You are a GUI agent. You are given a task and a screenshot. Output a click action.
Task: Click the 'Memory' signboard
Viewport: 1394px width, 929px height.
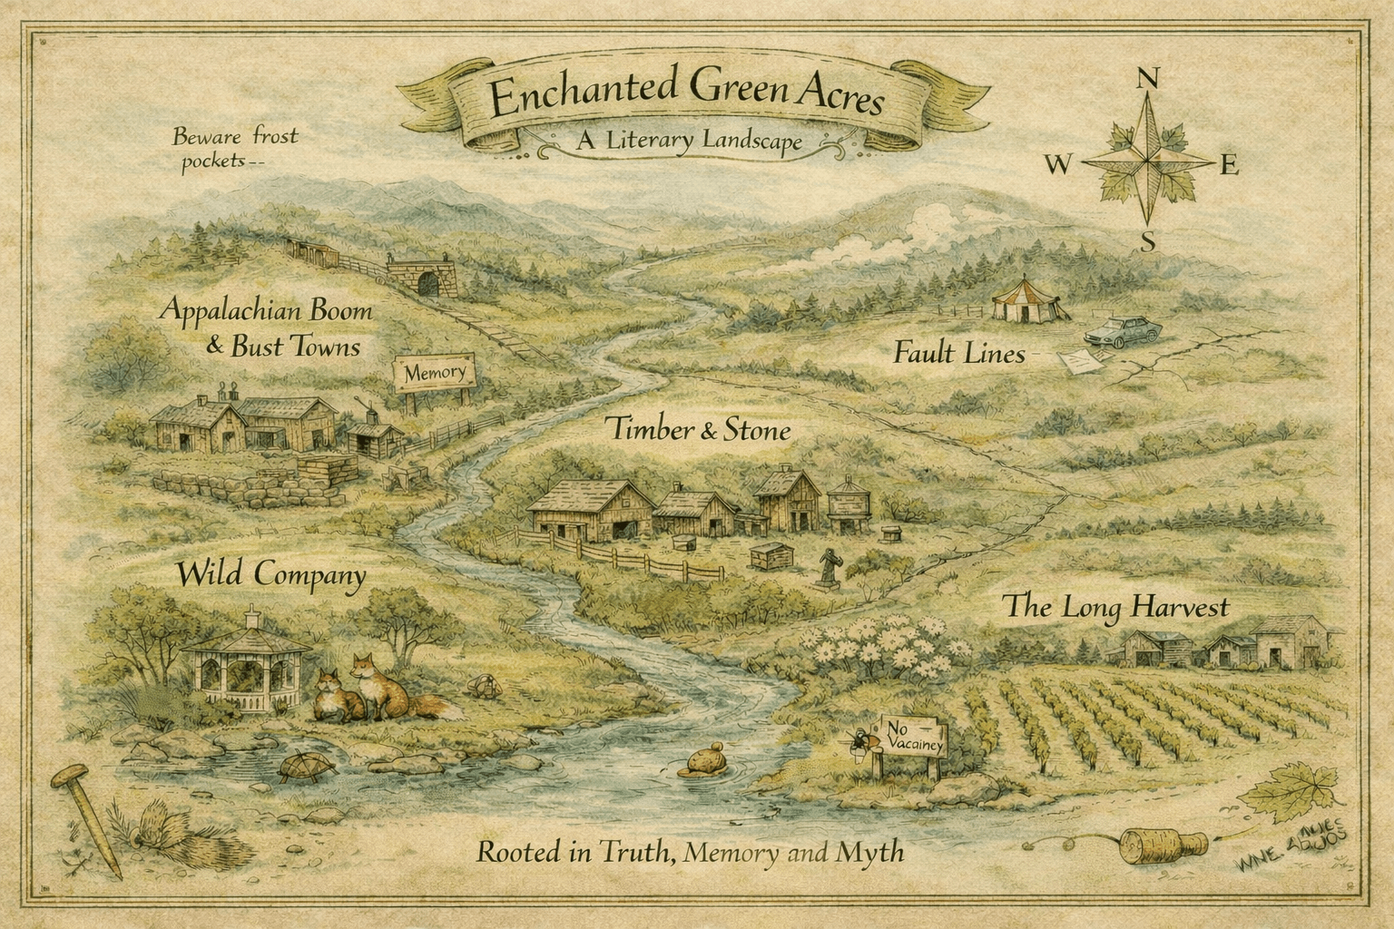click(x=434, y=373)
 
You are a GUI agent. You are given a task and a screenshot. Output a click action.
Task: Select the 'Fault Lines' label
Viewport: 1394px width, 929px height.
click(x=958, y=353)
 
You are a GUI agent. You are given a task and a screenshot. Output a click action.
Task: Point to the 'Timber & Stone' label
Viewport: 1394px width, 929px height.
click(x=698, y=430)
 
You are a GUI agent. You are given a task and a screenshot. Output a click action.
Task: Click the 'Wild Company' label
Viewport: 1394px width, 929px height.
click(x=270, y=574)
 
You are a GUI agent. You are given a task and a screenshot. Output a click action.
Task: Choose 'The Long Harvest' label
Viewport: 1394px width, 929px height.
click(x=1115, y=607)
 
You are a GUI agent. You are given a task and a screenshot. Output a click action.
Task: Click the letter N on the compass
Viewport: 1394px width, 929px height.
click(x=1147, y=79)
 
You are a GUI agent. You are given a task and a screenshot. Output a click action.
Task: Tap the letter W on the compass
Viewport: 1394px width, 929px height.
click(x=1058, y=165)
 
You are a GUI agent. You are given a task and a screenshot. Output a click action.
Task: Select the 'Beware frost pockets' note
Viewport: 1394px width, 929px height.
click(x=234, y=149)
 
